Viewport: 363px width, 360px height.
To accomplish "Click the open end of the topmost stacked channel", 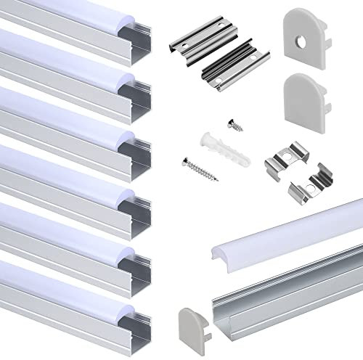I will click(141, 38).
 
